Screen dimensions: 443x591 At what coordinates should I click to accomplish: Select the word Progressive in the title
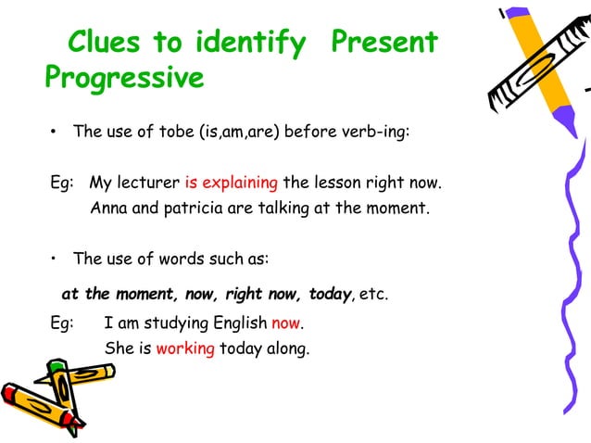coord(124,78)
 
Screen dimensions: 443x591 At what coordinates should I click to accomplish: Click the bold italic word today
coord(330,295)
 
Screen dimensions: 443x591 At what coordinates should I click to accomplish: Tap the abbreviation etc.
coord(374,295)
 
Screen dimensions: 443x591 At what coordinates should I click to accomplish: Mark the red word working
coord(185,349)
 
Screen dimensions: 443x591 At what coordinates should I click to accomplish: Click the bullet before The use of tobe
coord(55,133)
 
